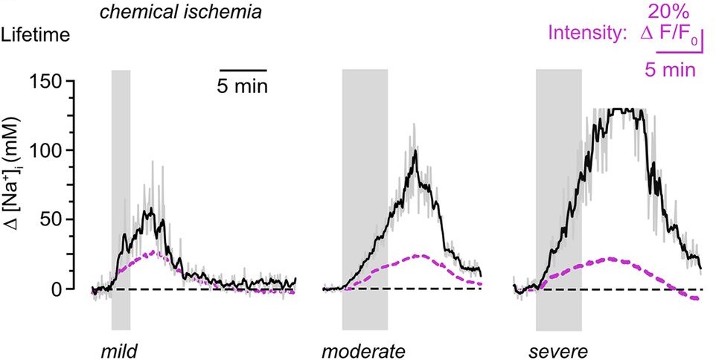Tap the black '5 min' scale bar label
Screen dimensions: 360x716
[x=243, y=86]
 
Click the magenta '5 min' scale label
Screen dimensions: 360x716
[x=669, y=70]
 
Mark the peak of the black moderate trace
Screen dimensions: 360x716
[x=415, y=152]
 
